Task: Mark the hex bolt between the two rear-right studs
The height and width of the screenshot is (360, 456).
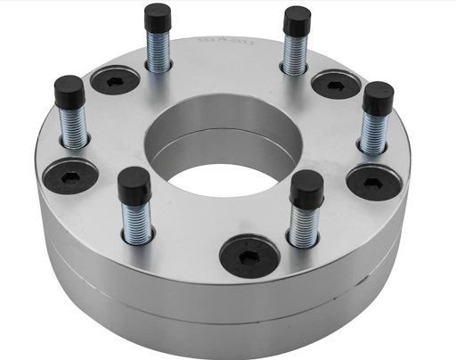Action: pyautogui.click(x=336, y=85)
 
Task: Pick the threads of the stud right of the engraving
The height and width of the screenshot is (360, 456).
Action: pyautogui.click(x=294, y=53)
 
